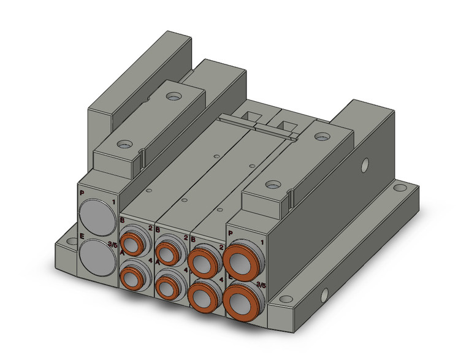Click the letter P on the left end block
pyautogui.click(x=82, y=194)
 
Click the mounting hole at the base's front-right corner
pyautogui.click(x=285, y=301)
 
